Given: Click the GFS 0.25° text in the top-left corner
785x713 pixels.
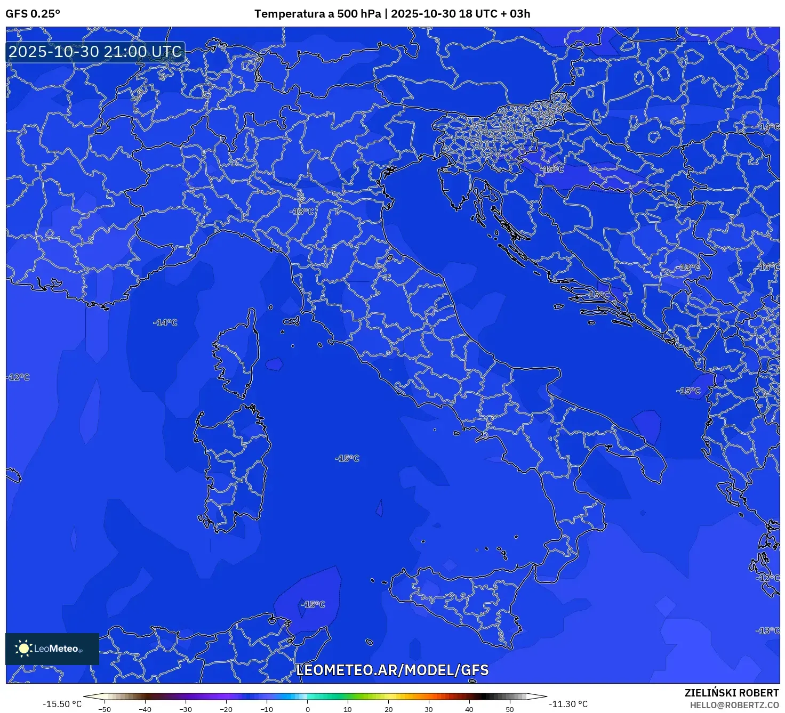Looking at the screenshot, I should (x=33, y=14).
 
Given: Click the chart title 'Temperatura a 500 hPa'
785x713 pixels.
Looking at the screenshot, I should (x=317, y=14).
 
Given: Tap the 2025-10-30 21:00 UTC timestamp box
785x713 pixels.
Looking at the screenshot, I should (x=95, y=52).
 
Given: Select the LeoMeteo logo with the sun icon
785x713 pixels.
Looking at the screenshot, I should (x=52, y=649).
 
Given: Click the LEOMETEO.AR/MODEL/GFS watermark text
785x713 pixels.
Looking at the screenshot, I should (x=392, y=670).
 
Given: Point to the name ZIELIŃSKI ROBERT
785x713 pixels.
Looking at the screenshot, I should (x=732, y=693).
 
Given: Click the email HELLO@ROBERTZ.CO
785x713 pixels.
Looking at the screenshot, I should (x=734, y=705).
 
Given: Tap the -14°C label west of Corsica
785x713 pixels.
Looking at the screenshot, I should (x=165, y=322).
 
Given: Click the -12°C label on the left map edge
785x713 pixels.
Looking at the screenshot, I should (x=18, y=377).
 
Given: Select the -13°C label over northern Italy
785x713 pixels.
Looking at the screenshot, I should (x=302, y=212).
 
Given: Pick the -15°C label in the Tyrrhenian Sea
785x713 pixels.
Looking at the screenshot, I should (x=347, y=458).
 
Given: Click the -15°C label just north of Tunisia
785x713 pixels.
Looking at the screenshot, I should (x=313, y=604).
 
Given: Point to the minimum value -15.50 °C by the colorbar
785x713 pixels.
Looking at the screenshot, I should (x=62, y=704).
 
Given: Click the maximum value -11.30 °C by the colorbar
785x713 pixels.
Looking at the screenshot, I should (x=568, y=704).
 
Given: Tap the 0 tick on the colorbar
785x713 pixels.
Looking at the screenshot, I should (x=307, y=709).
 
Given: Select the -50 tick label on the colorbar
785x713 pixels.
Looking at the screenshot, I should (x=105, y=709).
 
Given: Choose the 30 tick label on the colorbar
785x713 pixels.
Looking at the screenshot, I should (x=429, y=709).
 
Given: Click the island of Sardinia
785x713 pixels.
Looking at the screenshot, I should (x=232, y=464).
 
